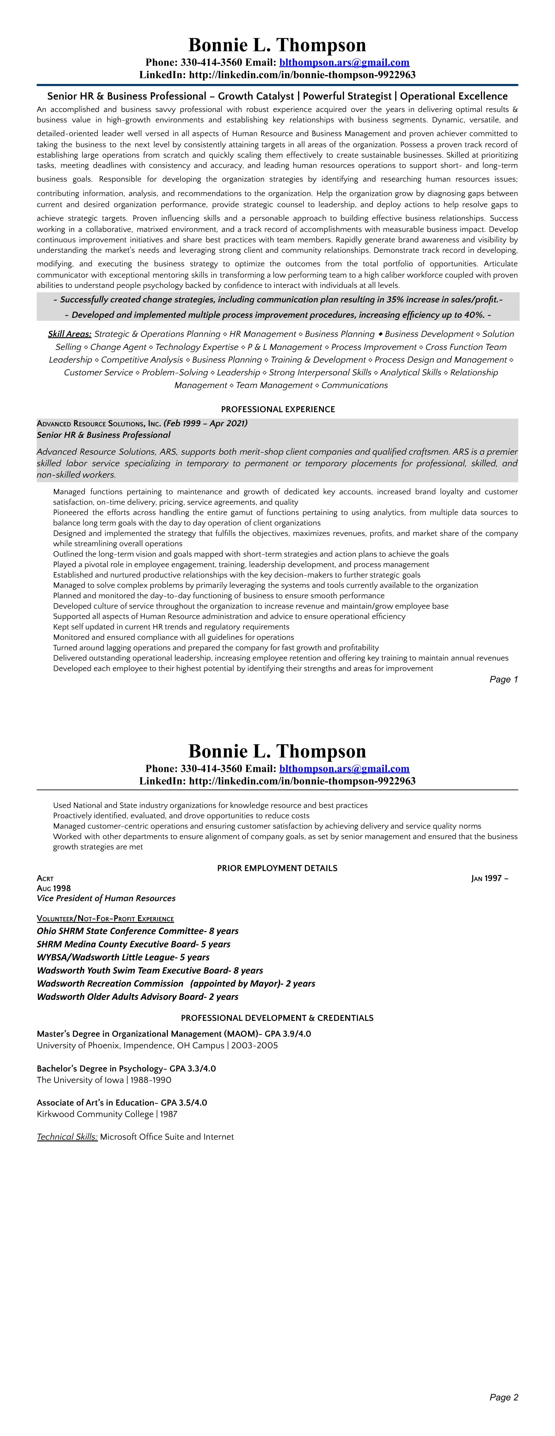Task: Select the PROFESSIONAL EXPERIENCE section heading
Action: pyautogui.click(x=278, y=409)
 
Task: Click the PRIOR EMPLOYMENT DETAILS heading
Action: pyautogui.click(x=277, y=868)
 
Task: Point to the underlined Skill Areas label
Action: pyautogui.click(x=70, y=334)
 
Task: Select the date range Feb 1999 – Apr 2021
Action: pyautogui.click(x=205, y=423)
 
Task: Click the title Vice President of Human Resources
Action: pyautogui.click(x=106, y=898)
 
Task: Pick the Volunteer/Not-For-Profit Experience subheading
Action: pyautogui.click(x=105, y=919)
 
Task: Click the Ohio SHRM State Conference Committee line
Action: pyautogui.click(x=137, y=931)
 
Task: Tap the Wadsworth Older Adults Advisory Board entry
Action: pyautogui.click(x=137, y=997)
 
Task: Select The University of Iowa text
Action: pyautogui.click(x=80, y=1080)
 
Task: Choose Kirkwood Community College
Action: pyautogui.click(x=95, y=1114)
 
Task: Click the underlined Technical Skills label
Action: pyautogui.click(x=67, y=1137)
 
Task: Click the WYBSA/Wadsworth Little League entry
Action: pyautogui.click(x=123, y=957)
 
